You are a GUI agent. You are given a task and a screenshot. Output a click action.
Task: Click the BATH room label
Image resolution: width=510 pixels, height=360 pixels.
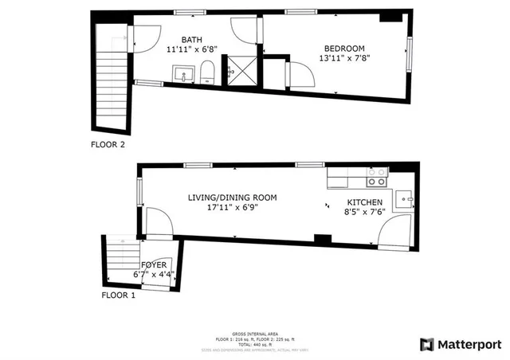pyautogui.click(x=192, y=39)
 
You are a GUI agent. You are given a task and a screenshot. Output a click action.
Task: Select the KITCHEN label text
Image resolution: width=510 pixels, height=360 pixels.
pyautogui.click(x=365, y=202)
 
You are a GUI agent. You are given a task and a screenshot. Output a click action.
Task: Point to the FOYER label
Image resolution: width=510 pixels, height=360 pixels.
pyautogui.click(x=154, y=264)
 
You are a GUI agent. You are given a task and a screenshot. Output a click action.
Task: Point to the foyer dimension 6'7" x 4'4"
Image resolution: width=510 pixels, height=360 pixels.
pyautogui.click(x=154, y=275)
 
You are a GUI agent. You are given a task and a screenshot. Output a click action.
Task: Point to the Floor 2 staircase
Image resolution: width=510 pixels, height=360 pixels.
pyautogui.click(x=111, y=80)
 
